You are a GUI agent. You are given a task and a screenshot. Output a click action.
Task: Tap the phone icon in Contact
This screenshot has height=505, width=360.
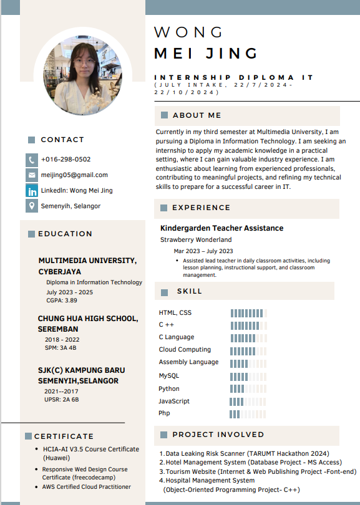32,160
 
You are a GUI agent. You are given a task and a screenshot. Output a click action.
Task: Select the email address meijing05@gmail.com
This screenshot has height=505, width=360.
74,175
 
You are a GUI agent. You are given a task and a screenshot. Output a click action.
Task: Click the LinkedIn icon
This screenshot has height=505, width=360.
32,191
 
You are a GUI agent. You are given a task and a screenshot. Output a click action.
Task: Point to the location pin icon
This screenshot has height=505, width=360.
32,206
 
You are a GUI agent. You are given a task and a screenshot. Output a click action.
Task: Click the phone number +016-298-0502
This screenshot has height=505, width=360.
66,160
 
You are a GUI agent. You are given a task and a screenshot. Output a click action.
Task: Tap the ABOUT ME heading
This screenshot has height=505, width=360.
197,115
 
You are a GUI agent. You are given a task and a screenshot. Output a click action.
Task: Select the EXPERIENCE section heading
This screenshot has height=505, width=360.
201,208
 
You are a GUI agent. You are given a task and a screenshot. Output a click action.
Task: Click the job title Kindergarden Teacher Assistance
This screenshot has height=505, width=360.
221,228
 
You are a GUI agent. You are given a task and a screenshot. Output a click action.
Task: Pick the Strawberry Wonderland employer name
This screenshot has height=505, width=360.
196,239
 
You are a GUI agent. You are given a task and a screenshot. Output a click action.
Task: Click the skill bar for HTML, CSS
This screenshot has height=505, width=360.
248,313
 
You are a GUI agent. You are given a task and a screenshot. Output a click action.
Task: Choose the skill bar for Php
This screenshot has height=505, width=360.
248,413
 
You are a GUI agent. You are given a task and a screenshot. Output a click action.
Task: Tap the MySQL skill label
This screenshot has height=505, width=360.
169,376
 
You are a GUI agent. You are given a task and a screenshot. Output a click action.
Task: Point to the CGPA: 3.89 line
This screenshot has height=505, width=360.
62,301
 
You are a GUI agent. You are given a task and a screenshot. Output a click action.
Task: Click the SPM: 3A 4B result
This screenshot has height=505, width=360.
60,348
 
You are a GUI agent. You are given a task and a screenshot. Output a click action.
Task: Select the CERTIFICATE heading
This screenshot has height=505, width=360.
64,436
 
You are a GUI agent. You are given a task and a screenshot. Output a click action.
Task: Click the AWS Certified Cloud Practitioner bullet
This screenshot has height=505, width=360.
87,487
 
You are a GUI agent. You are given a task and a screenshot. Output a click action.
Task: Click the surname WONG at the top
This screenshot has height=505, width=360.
188,32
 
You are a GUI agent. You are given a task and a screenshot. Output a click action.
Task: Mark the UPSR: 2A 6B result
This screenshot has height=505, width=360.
61,399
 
